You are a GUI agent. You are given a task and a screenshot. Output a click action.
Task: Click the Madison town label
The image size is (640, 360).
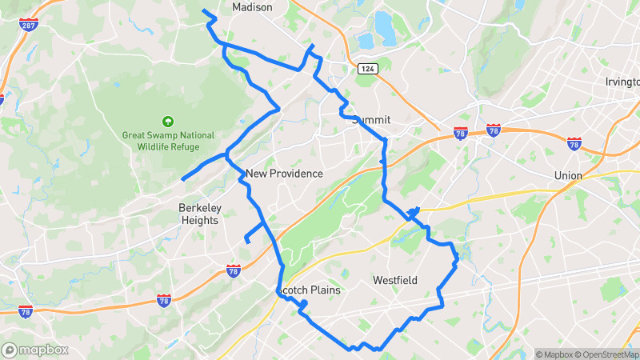tap(252, 7)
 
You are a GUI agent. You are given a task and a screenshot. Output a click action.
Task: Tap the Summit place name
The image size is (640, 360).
tap(371, 120)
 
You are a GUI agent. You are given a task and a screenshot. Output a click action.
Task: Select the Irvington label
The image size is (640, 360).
tap(622, 82)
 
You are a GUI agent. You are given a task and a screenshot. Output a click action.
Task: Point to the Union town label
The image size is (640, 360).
tap(568, 176)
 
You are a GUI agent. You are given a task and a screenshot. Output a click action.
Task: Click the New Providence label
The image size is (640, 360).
tap(284, 174)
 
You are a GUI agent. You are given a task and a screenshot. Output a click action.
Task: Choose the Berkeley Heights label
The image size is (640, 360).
tap(198, 214)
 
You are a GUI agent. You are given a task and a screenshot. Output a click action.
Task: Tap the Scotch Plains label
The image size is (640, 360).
tap(309, 290)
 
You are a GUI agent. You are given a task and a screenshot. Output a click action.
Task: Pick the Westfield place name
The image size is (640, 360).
tap(395, 281)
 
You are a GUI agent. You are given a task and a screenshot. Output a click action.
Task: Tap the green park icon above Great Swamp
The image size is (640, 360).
tap(167, 122)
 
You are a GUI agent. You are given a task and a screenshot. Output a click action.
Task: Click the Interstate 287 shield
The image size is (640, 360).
tap(27, 26)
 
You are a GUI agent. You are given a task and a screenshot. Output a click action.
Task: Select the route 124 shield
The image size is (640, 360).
tap(367, 70)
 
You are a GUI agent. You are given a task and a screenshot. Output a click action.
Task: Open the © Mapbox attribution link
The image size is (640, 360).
tap(557, 354)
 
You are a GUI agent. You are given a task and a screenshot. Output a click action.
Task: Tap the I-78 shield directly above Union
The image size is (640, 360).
tap(574, 144)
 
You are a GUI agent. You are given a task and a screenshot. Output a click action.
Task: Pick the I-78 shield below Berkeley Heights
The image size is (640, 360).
tap(233, 270)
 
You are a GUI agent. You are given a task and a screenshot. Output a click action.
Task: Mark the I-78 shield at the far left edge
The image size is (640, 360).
tap(26, 311)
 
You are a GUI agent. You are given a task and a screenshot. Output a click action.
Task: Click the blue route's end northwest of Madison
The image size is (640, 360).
tap(204, 11)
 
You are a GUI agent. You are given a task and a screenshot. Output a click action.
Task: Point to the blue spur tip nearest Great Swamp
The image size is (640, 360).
tap(183, 178)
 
